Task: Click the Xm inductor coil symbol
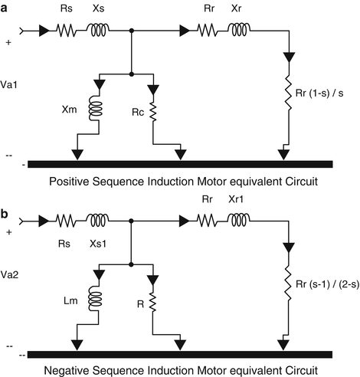click(x=96, y=108)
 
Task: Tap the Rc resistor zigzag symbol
click(x=153, y=112)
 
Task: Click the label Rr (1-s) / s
click(x=319, y=93)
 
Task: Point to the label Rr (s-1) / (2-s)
click(x=328, y=284)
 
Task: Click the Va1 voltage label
click(x=9, y=84)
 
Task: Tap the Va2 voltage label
click(x=9, y=275)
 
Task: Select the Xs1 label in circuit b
click(x=98, y=244)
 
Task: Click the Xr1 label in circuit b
click(x=236, y=199)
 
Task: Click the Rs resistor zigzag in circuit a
click(x=66, y=31)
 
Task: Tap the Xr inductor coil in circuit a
click(x=239, y=30)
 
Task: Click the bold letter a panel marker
click(x=4, y=9)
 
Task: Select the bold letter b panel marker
click(x=5, y=214)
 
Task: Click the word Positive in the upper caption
click(x=69, y=182)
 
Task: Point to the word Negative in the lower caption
click(x=67, y=370)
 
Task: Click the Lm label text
click(x=70, y=301)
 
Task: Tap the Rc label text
click(x=138, y=113)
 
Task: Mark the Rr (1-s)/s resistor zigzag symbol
click(x=289, y=93)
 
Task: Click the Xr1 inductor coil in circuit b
click(x=239, y=221)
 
